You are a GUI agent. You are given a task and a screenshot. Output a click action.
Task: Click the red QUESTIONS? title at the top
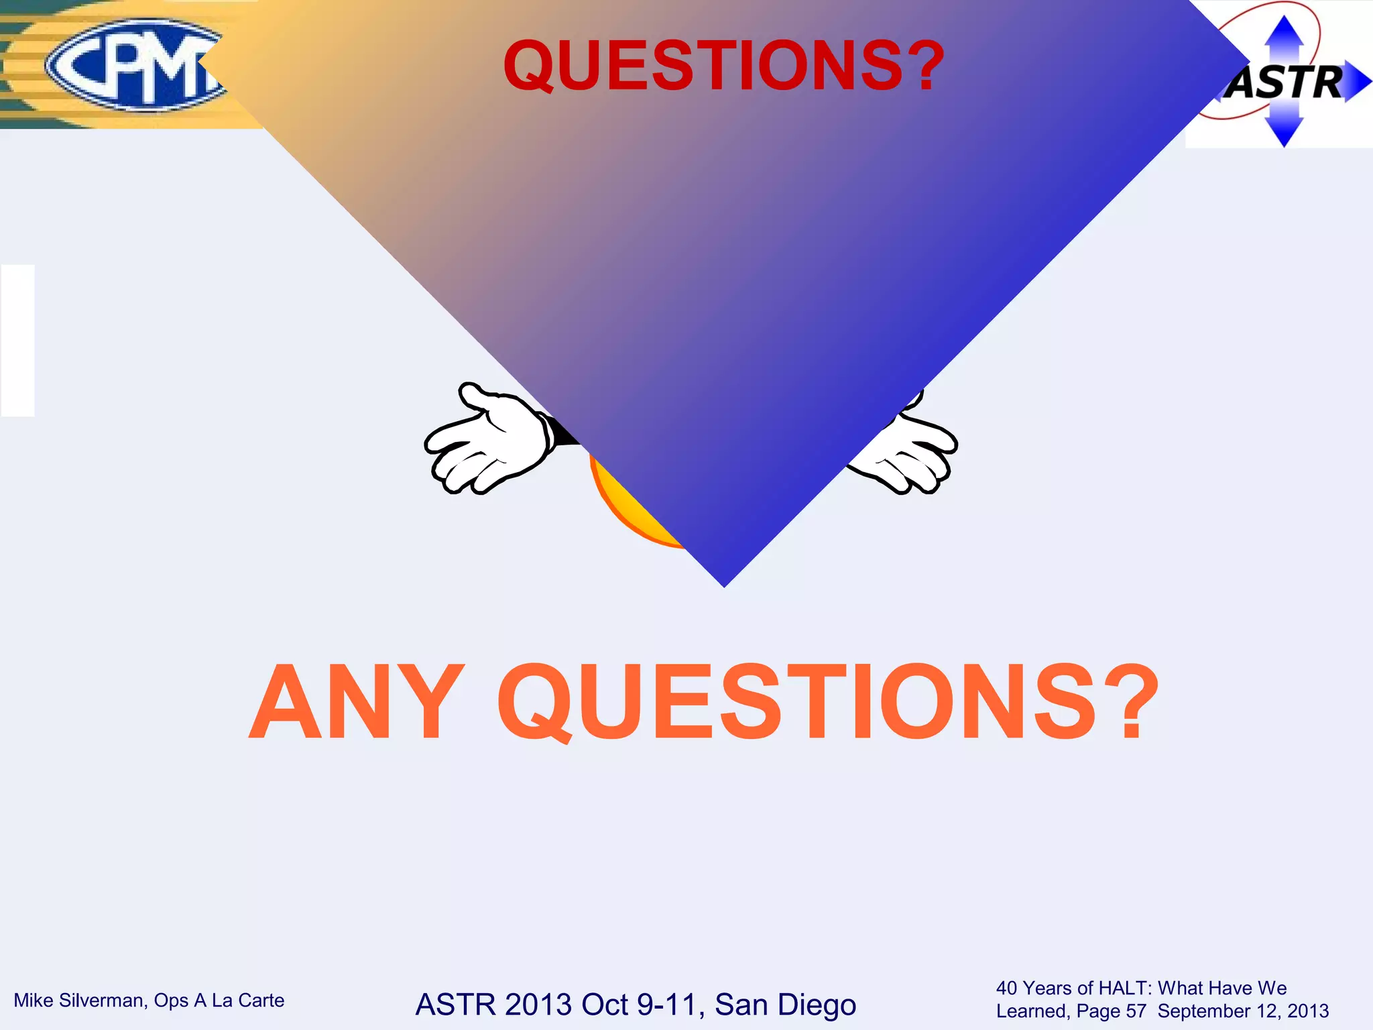724,66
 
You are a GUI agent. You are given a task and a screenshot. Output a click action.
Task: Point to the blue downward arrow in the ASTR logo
1284,131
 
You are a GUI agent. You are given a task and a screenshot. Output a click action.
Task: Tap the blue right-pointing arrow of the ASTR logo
1358,82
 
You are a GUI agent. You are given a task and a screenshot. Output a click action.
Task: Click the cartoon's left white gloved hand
486,439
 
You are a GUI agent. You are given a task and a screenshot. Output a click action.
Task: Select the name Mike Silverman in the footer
79,1000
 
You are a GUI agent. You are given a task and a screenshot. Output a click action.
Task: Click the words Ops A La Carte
219,1000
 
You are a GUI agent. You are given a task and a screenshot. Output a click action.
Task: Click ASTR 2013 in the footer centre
493,1005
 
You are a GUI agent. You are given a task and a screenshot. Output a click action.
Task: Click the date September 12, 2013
1243,1011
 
